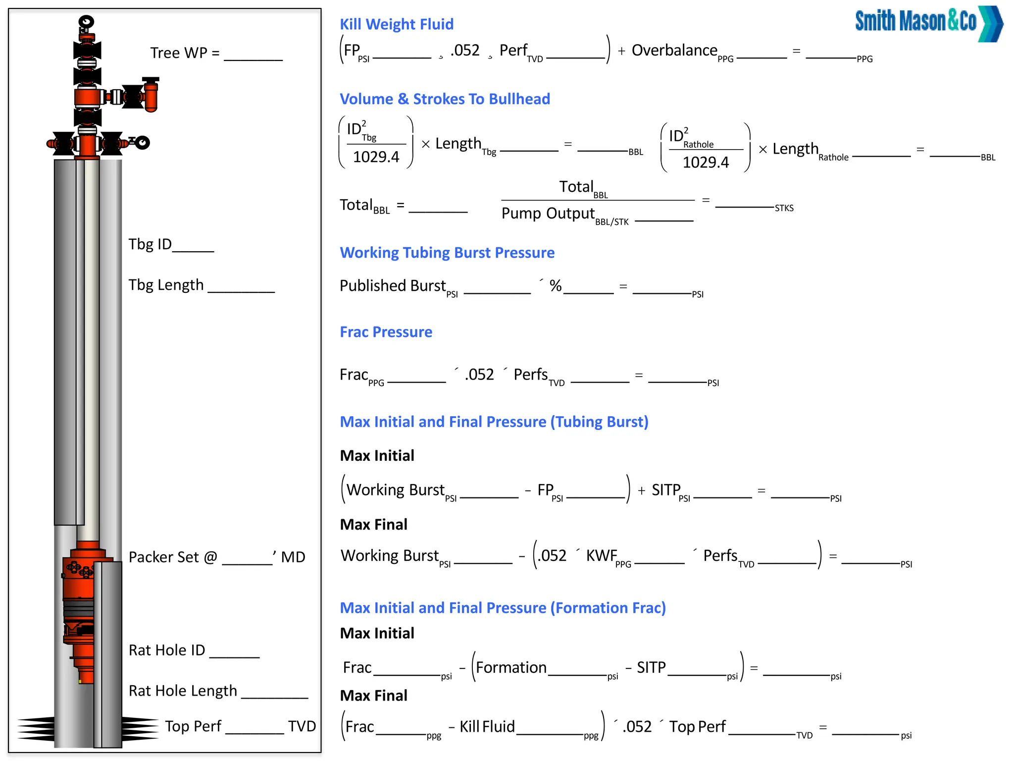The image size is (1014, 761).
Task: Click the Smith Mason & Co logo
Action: coord(928,23)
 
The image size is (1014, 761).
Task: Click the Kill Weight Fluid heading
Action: coord(396,24)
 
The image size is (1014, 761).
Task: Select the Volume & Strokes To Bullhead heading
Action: coord(444,99)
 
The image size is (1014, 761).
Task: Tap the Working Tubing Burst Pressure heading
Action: coord(447,253)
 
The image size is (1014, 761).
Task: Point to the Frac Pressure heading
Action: coord(386,332)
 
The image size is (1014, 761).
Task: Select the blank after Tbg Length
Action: coord(241,289)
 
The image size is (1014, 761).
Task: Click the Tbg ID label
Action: coord(150,244)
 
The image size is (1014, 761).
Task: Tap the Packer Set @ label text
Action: coord(173,557)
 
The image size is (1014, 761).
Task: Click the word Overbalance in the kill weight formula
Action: coord(674,51)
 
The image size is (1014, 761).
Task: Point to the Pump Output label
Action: coord(548,214)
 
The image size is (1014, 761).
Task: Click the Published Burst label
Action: coord(393,286)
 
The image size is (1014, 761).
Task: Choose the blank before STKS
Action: coord(744,204)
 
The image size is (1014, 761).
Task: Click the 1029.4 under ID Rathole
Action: coord(706,163)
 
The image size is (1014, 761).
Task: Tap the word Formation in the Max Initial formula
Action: coord(511,668)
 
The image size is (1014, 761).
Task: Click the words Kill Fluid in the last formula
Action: coord(487,727)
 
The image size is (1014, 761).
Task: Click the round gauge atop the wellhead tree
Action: coord(87,22)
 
